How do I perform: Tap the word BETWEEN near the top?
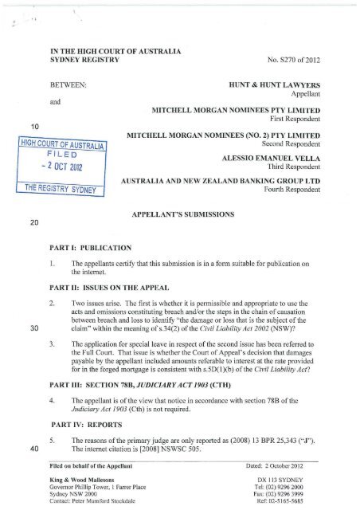point(68,82)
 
